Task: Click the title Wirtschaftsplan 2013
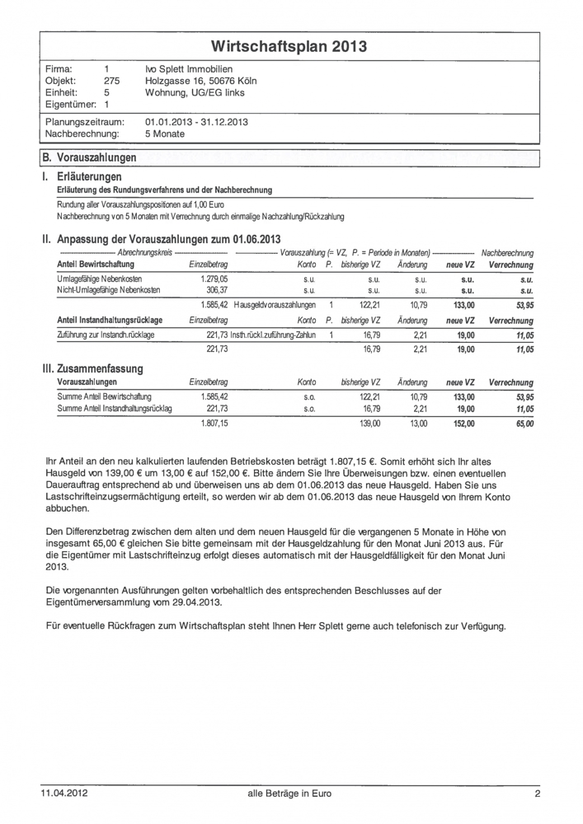289,46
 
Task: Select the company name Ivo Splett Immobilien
188,68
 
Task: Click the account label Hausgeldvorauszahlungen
275,305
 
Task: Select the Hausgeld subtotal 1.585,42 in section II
213,305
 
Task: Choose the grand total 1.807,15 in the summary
213,424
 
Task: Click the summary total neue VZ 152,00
463,424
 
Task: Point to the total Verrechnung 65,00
522,424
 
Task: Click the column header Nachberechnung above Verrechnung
507,251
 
